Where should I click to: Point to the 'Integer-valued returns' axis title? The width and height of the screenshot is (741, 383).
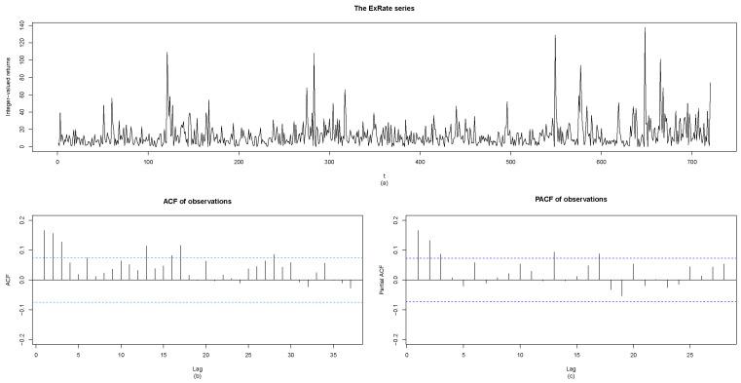(9, 86)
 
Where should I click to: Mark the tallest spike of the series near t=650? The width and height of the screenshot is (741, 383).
(645, 28)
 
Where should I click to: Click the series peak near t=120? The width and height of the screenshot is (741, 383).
(167, 54)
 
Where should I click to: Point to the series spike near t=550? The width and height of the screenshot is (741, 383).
(555, 36)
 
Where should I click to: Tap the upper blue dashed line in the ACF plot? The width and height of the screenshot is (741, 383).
(195, 257)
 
